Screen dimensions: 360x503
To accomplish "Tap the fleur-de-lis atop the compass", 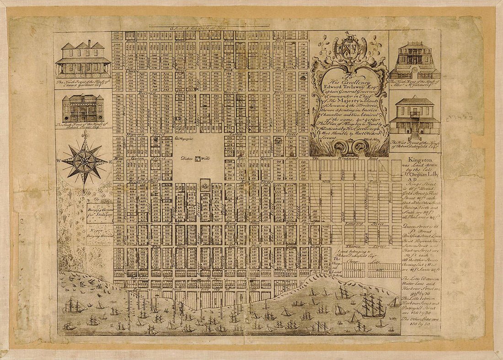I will click(85, 134).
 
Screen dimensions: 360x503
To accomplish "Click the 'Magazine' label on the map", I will click(185, 138).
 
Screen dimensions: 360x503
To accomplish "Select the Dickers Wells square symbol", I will click(197, 159).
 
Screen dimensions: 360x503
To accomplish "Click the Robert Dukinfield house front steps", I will click(415, 136).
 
